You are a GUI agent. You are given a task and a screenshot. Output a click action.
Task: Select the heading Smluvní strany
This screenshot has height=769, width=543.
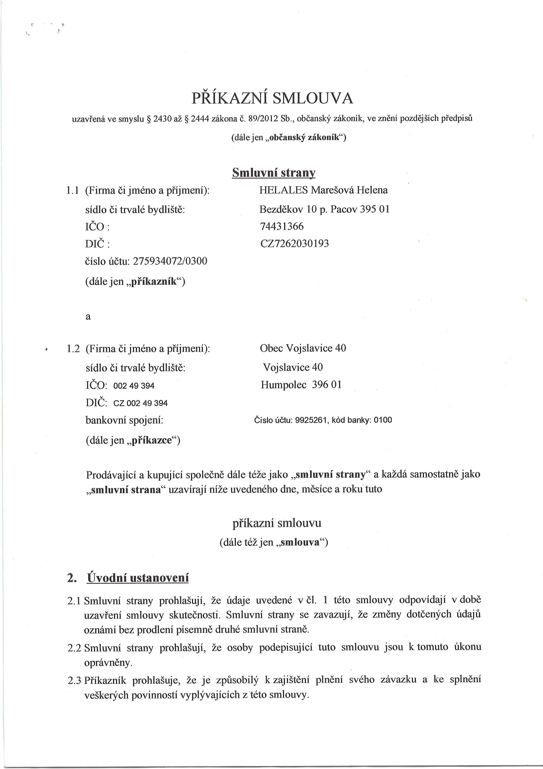coord(274,173)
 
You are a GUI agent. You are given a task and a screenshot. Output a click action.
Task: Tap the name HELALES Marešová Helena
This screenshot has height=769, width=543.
coord(323,190)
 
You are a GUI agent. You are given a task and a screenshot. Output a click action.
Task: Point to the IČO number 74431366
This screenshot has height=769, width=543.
coord(282,226)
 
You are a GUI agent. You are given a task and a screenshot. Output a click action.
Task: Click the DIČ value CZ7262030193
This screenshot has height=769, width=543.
coord(294,244)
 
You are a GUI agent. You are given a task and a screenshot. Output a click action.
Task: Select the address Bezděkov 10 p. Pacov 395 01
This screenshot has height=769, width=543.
coord(324,209)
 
